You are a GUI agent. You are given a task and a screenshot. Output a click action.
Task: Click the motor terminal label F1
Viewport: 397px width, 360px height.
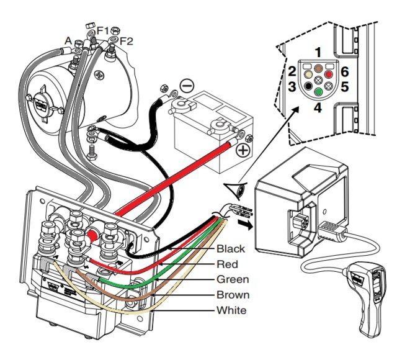coord(104,30)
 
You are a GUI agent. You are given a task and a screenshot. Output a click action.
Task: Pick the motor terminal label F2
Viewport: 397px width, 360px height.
coord(127,41)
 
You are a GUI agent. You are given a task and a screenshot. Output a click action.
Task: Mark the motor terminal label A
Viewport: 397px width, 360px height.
coord(68,40)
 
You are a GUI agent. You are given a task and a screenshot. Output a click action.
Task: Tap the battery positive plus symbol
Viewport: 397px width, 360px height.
coord(243,151)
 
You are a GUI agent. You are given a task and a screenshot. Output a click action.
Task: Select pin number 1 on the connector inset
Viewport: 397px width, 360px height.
coord(318,51)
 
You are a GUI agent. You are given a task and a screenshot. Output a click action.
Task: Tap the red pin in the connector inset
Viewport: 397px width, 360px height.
coord(329,74)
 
